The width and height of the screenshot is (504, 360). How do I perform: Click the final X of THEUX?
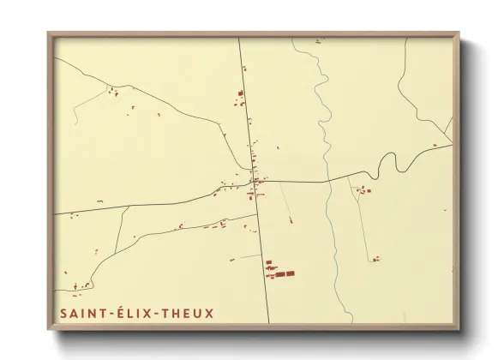coord(209,314)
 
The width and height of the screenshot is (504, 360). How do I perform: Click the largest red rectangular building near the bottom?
coord(289,273)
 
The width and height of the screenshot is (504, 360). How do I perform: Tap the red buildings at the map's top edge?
coord(318,40)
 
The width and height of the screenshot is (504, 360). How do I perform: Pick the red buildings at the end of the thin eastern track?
coord(375,258)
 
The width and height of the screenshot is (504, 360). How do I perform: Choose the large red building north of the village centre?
coord(241,93)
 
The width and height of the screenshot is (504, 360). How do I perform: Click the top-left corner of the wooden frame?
coord(49,33)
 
